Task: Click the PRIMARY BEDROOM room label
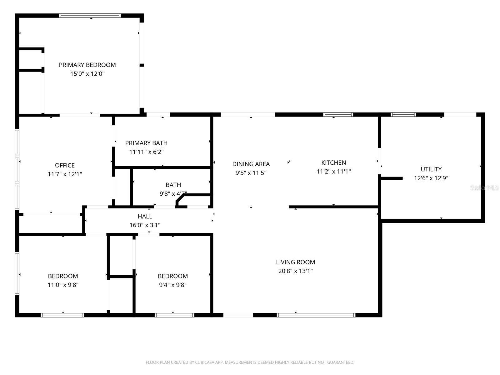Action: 87,65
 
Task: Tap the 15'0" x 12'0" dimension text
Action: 87,74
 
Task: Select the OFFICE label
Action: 65,165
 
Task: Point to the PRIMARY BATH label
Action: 146,143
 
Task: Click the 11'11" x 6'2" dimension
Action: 146,152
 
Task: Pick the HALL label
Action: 145,216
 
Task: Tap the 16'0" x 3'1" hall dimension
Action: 145,225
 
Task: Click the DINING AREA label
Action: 251,164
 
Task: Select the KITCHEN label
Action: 333,162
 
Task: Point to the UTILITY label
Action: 431,169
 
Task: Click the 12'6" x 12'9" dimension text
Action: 431,178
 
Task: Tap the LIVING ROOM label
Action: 295,262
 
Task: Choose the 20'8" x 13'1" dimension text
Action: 295,271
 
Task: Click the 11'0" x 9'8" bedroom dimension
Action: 63,285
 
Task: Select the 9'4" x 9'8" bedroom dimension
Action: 173,285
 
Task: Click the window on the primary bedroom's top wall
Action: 90,16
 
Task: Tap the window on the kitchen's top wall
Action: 338,114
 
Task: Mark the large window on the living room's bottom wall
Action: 316,315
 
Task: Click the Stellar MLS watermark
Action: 484,187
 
